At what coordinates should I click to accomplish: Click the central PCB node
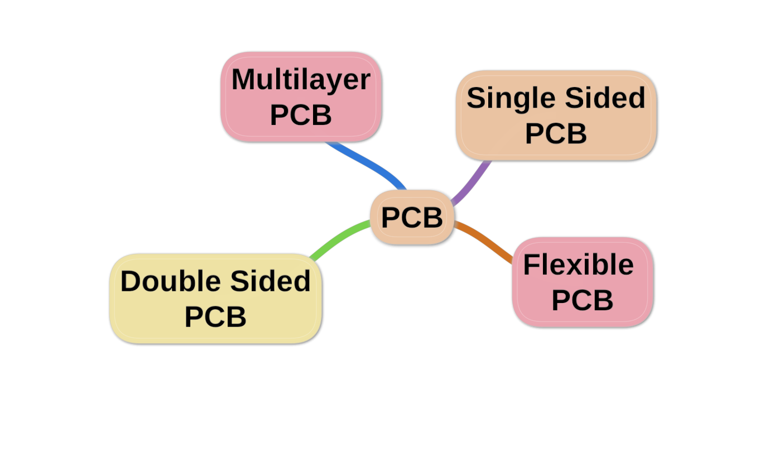[x=412, y=218]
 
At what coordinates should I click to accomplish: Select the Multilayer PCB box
[x=301, y=97]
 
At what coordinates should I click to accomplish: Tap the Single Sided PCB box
[x=556, y=116]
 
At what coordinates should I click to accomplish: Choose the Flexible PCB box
[x=583, y=282]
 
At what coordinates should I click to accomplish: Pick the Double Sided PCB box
[x=215, y=299]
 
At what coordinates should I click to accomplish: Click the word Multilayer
[x=301, y=79]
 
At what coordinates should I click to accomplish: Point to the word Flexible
[x=578, y=265]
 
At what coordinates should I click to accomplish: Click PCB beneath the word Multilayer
[x=301, y=115]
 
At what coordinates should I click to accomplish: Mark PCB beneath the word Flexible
[x=582, y=300]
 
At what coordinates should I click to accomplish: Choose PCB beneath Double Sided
[x=215, y=317]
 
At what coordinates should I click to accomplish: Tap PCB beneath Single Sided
[x=556, y=134]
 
